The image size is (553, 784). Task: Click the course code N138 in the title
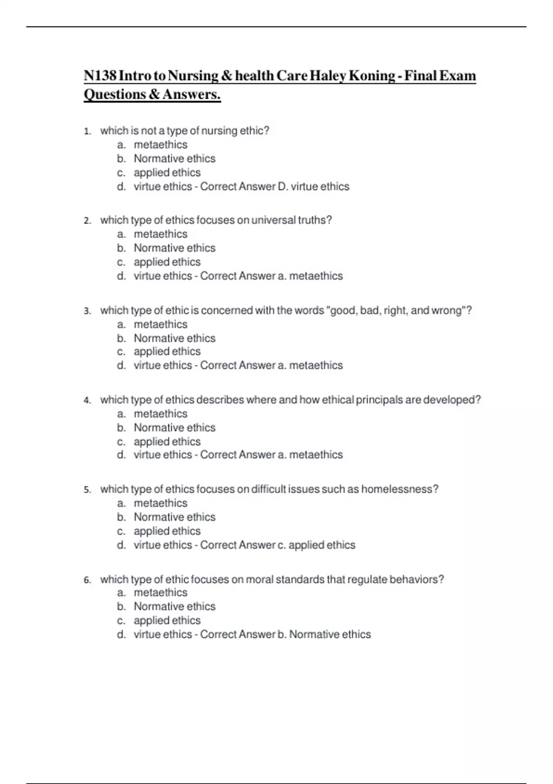[100, 76]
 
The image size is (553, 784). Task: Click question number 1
[88, 131]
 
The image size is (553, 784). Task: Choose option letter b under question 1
[121, 159]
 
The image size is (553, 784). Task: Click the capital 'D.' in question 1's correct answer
[282, 187]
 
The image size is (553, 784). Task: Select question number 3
[88, 311]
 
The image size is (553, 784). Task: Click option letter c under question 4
[121, 442]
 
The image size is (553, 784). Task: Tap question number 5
[88, 490]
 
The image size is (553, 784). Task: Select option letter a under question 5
[121, 504]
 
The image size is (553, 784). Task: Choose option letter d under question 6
[121, 635]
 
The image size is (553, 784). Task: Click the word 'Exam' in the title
[456, 76]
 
